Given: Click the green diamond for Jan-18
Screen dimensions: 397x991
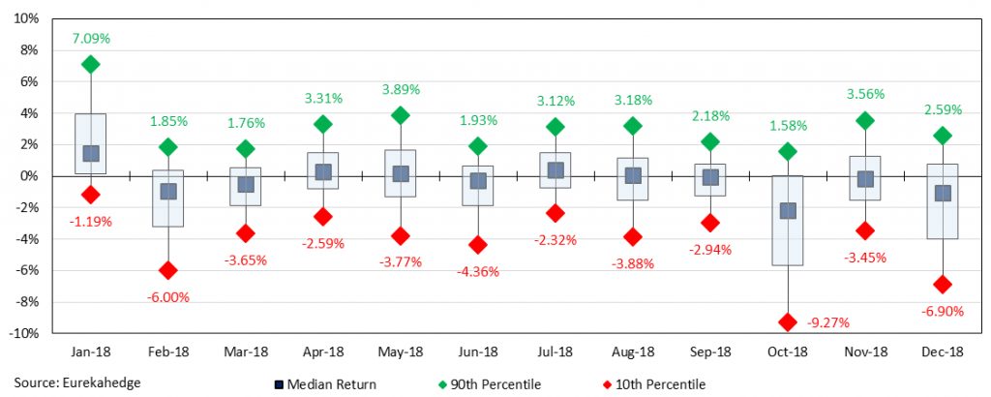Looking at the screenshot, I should click(90, 65).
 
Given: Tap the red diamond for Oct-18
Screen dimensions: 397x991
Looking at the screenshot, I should click(788, 322).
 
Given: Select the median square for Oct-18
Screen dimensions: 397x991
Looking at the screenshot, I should click(788, 210).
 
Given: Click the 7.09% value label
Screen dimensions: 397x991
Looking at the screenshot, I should click(90, 39).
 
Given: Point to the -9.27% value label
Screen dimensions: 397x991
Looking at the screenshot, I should click(788, 349).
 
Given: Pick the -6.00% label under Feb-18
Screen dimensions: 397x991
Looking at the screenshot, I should click(167, 296).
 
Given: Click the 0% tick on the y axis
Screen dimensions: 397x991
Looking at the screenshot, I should click(29, 175).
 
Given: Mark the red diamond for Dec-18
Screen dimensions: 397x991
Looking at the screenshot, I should click(943, 285).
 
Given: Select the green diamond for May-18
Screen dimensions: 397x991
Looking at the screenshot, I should click(401, 115).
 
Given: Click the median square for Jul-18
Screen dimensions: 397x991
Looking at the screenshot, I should click(556, 170).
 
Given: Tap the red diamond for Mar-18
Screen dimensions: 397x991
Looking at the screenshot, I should click(245, 233).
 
